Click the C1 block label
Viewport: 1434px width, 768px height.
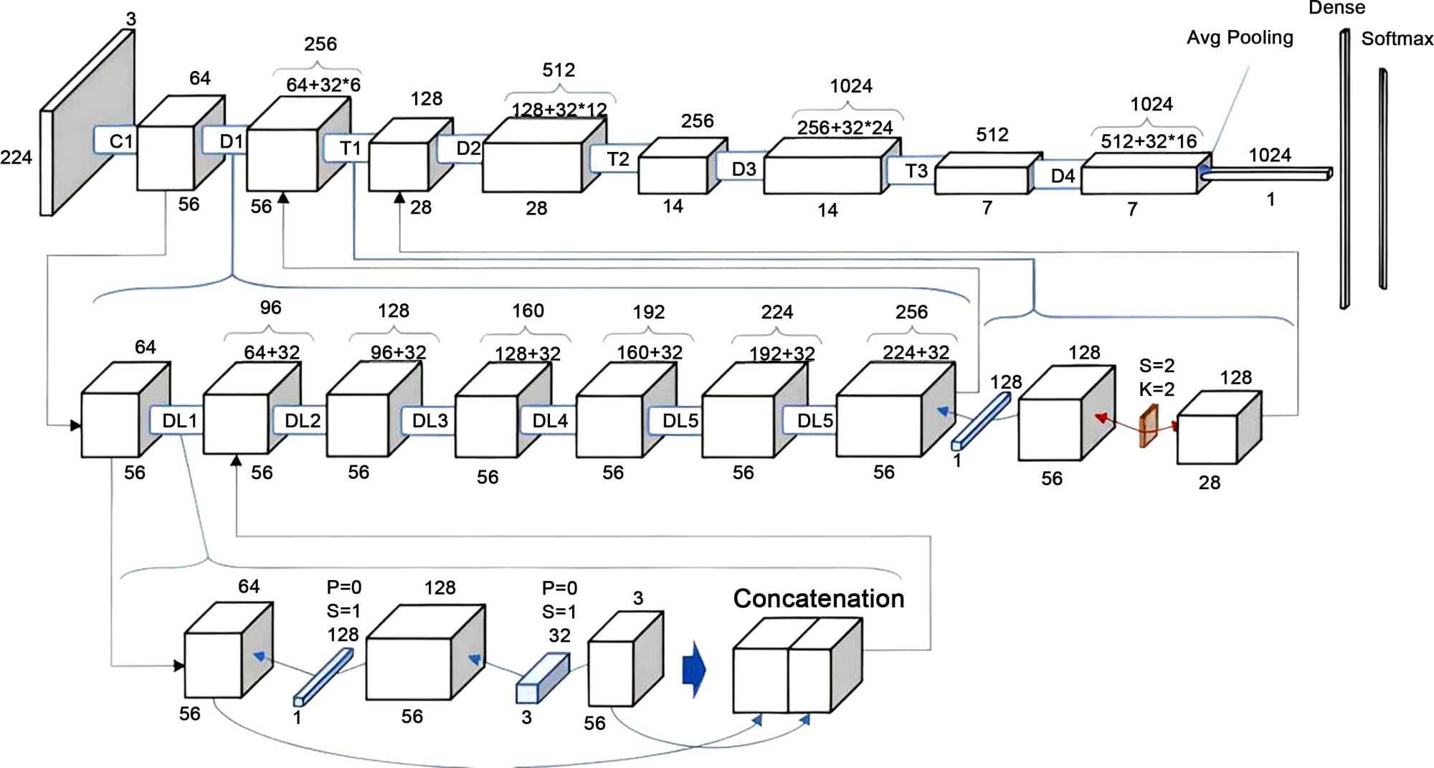(x=120, y=141)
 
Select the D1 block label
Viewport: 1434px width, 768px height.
(x=231, y=141)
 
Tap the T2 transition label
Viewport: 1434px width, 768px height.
(x=617, y=158)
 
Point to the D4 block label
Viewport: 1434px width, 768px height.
(x=1063, y=176)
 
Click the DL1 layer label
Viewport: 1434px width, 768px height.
(x=179, y=421)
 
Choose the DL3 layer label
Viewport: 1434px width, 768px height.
(x=429, y=421)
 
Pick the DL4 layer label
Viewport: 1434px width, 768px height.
(x=550, y=421)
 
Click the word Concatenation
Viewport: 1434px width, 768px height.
(x=818, y=599)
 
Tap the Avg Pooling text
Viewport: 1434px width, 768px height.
(x=1240, y=37)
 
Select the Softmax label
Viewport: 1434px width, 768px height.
(x=1397, y=39)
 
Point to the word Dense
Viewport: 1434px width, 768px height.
(x=1336, y=8)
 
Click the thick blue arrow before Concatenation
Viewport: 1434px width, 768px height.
(x=694, y=669)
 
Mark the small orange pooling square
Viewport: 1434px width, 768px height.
(x=1149, y=426)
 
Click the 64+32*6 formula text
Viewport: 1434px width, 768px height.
(x=323, y=85)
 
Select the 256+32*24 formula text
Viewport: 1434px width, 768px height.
(x=845, y=128)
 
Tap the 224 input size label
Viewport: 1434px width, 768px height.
(x=16, y=158)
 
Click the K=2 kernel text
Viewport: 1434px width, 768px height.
(x=1157, y=389)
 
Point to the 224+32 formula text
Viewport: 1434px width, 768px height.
(x=916, y=352)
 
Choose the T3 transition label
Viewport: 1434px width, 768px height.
(x=916, y=171)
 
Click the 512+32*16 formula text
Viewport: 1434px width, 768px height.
(x=1149, y=141)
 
